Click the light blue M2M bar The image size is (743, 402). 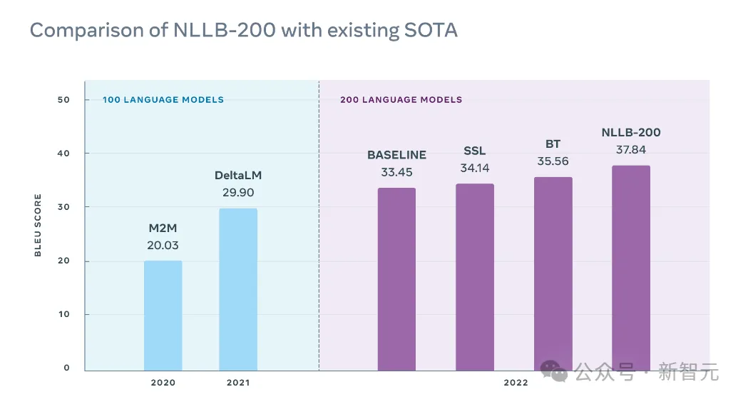coord(163,316)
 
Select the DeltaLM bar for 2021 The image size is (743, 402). coord(238,289)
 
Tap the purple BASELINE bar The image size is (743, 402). coord(396,278)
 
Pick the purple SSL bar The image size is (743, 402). coord(475,277)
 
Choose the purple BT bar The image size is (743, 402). coord(553,273)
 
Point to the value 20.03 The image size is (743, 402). coord(163,246)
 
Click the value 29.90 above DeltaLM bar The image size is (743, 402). coord(238,192)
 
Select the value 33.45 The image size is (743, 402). coord(396,172)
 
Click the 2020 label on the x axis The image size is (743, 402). coord(163,383)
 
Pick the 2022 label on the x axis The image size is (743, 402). coord(516,383)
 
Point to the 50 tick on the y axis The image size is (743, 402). coord(64,100)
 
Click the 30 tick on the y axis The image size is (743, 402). coord(64,207)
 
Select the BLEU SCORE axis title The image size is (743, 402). coord(39,225)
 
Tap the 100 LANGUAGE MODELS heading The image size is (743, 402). coord(163,100)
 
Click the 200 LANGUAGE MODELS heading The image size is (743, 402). coord(401,100)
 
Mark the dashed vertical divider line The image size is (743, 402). coord(319,228)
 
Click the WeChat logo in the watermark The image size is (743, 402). coord(554,371)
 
